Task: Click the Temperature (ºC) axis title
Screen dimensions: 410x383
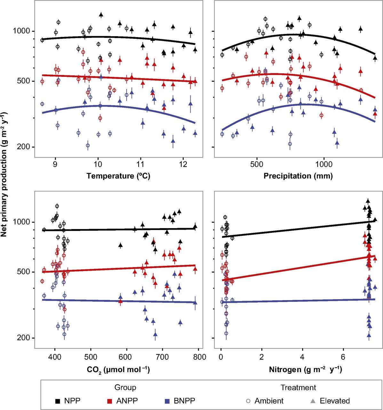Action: point(118,176)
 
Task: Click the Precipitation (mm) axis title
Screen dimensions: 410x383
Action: point(298,176)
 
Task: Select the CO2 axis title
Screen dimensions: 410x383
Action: point(118,370)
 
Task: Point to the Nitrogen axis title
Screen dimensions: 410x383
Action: point(305,370)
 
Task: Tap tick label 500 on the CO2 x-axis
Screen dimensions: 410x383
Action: point(91,357)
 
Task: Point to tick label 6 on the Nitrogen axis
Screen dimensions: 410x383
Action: point(343,357)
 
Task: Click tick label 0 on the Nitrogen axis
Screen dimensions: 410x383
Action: point(221,357)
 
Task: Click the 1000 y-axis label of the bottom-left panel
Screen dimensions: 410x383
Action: point(22,222)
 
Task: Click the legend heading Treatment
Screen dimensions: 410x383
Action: point(298,388)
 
